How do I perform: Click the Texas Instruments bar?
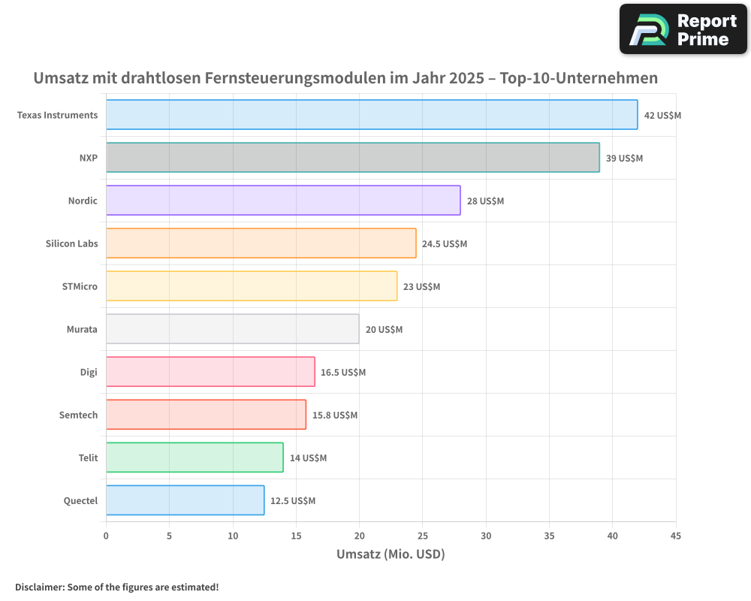[372, 115]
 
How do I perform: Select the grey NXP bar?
[352, 158]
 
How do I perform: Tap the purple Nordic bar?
[283, 201]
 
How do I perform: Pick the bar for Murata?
[232, 329]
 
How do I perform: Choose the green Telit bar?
[195, 458]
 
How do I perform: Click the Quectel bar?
[185, 500]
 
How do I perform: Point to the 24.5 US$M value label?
[445, 243]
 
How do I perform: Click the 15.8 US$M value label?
[335, 415]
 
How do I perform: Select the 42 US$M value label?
[662, 115]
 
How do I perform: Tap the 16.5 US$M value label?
[343, 372]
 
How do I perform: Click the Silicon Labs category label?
[71, 243]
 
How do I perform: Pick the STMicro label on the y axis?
[80, 286]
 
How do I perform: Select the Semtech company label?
[78, 415]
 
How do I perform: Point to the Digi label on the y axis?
[89, 372]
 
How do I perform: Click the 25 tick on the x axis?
[422, 536]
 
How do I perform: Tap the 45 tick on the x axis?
[676, 536]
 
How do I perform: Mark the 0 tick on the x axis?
[106, 536]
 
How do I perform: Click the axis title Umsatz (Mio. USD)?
[391, 554]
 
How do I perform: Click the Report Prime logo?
[683, 29]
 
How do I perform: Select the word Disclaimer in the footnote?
[38, 587]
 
